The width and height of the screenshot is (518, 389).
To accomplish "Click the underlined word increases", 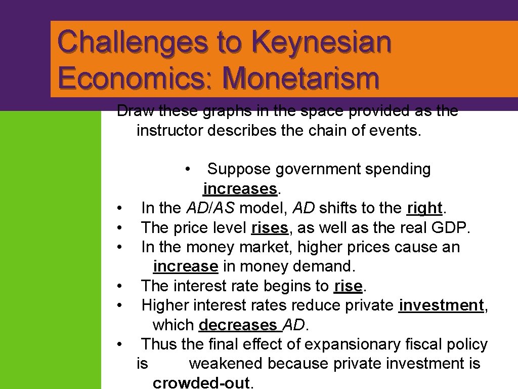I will pyautogui.click(x=240, y=189).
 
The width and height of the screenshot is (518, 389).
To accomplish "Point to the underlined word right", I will pyautogui.click(x=424, y=208).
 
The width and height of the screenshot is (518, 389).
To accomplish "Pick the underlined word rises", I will pyautogui.click(x=270, y=228).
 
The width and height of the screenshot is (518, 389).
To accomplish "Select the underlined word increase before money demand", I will pyautogui.click(x=185, y=266).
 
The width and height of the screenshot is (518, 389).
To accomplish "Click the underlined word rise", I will pyautogui.click(x=348, y=286).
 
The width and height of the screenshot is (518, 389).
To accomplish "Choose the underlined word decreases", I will pyautogui.click(x=238, y=325).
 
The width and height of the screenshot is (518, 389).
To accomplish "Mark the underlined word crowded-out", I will pyautogui.click(x=201, y=382).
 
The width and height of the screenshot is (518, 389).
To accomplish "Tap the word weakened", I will pyautogui.click(x=226, y=364).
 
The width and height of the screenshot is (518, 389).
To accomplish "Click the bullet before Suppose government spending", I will pyautogui.click(x=188, y=169).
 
